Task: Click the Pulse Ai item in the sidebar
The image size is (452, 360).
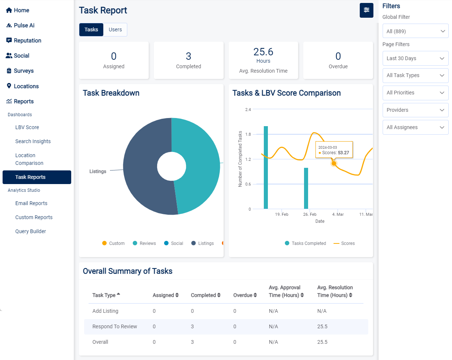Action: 24,25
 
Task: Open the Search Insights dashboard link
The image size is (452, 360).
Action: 33,141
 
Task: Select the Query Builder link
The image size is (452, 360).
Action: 31,231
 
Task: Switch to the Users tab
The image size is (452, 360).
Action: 115,30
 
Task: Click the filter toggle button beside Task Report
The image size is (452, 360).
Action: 366,10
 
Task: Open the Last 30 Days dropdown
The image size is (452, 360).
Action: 415,58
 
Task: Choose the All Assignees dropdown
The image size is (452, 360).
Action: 415,127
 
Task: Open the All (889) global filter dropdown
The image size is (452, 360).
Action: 415,31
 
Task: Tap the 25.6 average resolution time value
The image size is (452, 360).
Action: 263,52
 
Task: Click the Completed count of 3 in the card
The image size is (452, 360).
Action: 189,56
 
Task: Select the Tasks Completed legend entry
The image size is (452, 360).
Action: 305,243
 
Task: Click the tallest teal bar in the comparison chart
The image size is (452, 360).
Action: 266,168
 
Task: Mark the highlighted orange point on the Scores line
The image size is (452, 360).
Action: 334,163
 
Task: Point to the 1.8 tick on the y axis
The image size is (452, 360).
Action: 248,134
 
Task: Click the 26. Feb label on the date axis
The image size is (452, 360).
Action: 310,214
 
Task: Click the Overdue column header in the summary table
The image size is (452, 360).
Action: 242,295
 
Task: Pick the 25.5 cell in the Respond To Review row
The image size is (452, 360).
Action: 322,326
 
